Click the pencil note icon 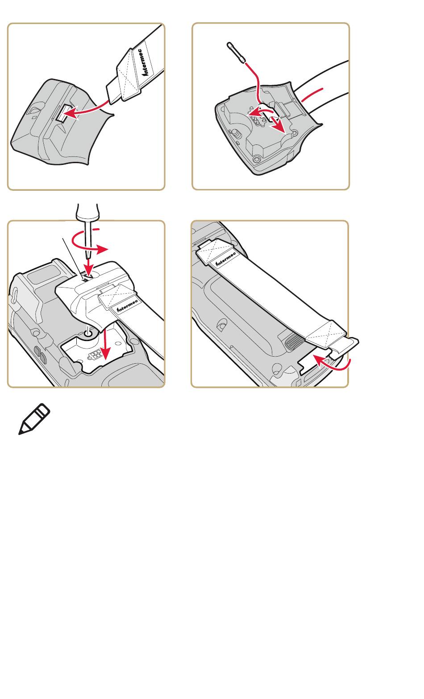[x=34, y=419]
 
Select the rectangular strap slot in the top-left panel [x=62, y=113]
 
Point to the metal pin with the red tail [x=236, y=53]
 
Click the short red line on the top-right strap [x=312, y=95]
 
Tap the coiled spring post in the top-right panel [x=236, y=134]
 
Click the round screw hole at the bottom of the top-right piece [x=257, y=160]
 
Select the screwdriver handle [x=87, y=212]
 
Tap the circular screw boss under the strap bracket [x=87, y=333]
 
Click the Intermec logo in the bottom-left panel [x=127, y=306]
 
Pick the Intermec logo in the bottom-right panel [x=226, y=259]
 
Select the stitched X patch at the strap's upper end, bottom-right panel [x=216, y=250]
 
